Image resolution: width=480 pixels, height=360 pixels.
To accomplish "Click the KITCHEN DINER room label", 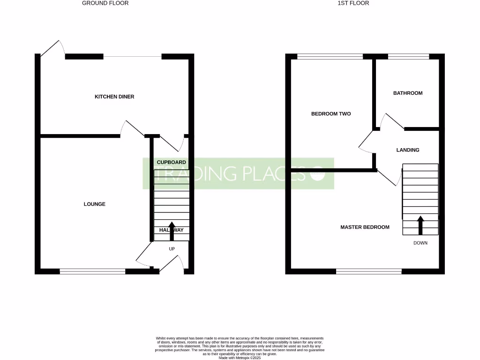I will click(x=114, y=97).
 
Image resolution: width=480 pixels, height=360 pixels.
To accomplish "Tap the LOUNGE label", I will click(x=95, y=204).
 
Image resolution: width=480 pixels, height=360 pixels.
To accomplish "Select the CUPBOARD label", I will click(x=171, y=162).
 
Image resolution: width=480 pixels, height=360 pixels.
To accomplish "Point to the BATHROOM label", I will click(x=407, y=93).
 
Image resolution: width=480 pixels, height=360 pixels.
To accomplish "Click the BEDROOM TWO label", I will click(x=331, y=114).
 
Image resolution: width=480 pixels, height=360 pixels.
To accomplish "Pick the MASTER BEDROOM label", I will click(x=365, y=227).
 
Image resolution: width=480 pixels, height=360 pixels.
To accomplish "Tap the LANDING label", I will click(x=407, y=150).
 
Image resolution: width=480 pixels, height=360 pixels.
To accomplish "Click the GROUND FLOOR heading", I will click(x=105, y=3).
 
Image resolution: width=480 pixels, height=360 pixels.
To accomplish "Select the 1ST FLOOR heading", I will click(x=353, y=3).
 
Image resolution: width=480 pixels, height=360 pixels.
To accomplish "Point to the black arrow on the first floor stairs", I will click(x=420, y=225).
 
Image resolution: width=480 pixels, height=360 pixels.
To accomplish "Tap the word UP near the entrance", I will click(x=172, y=249).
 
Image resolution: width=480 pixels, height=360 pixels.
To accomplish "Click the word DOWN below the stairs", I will click(x=420, y=243).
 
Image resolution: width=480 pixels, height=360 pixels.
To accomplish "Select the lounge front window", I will click(x=92, y=270).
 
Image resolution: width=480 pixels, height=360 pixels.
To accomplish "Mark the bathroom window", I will click(x=408, y=57).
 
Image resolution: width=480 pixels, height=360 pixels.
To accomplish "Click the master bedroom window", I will click(x=369, y=271).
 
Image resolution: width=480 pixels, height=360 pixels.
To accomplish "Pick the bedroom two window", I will click(x=330, y=57).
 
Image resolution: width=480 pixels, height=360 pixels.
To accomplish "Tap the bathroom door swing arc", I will click(x=392, y=120).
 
